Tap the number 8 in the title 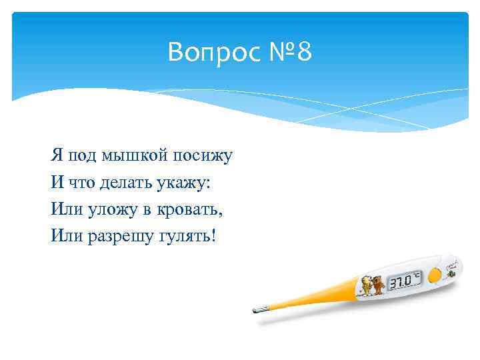point(304,52)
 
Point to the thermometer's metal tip point(259,309)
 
